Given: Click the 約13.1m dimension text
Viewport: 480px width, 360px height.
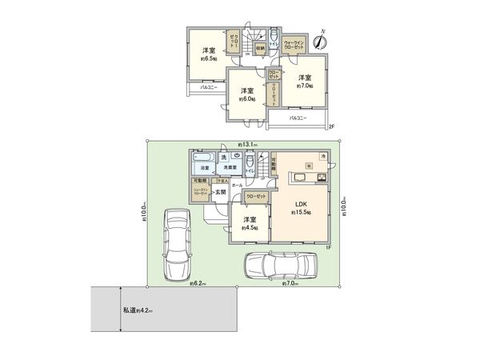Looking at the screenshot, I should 246,144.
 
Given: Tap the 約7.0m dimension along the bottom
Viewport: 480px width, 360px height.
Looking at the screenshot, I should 290,284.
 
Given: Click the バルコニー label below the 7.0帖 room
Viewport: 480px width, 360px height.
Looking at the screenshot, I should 297,118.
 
